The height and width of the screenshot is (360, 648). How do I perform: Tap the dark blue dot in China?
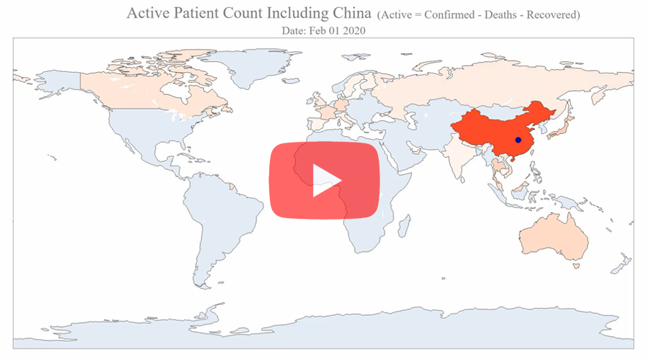(x=518, y=140)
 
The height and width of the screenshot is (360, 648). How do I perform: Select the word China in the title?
(x=350, y=14)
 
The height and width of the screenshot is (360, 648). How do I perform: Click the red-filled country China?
(x=497, y=130)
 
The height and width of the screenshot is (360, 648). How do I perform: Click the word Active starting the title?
(x=149, y=14)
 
